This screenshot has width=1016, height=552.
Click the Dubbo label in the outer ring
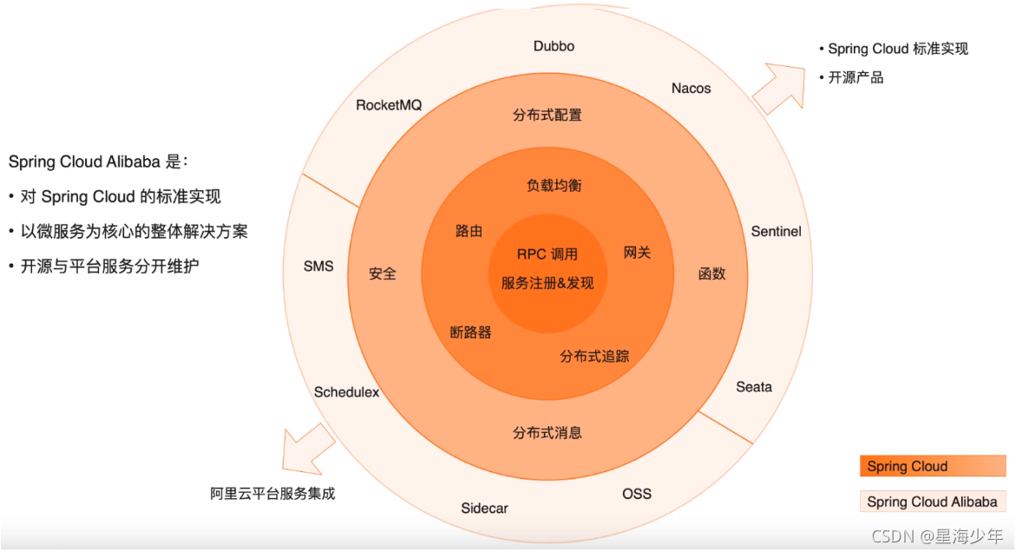[554, 46]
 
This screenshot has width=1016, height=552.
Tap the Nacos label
[691, 88]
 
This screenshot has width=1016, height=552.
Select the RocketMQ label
[389, 105]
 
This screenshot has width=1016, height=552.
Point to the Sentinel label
[776, 232]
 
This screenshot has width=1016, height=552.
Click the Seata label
[753, 387]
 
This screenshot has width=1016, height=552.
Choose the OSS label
[636, 494]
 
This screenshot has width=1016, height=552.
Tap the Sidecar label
[484, 508]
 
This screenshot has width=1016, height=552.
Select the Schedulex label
[346, 392]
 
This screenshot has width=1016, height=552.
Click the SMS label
[318, 266]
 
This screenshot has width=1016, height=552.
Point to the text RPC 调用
[547, 254]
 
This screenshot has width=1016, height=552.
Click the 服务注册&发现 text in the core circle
[547, 282]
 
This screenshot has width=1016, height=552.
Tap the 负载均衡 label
[553, 186]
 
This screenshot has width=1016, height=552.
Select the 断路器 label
[470, 332]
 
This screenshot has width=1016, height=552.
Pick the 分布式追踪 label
[594, 356]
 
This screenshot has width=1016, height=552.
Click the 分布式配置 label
[547, 115]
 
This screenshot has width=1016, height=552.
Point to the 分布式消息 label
[547, 433]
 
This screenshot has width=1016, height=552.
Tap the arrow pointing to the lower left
[307, 450]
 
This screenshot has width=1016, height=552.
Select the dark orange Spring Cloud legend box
[932, 466]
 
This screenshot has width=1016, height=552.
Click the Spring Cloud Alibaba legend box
[932, 502]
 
